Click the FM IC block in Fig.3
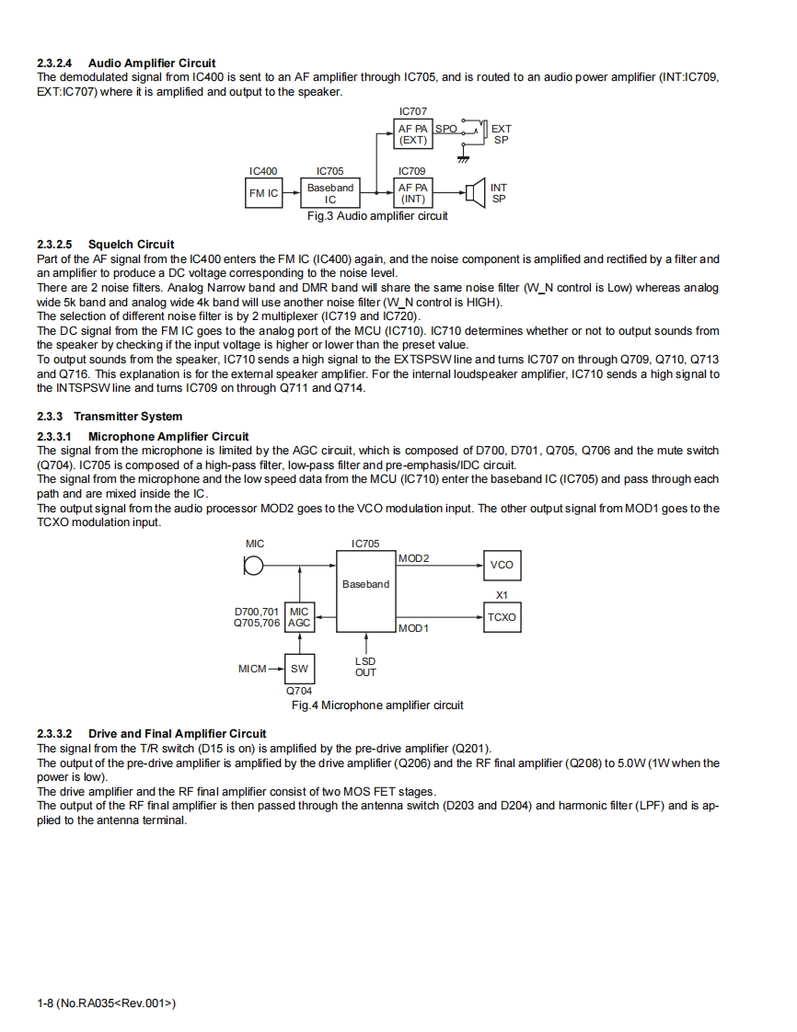pyautogui.click(x=263, y=193)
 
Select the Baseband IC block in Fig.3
pyautogui.click(x=330, y=193)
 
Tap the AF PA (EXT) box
pyautogui.click(x=412, y=134)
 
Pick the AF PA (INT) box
pyautogui.click(x=412, y=193)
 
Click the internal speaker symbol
pyautogui.click(x=475, y=193)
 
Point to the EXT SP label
pyautogui.click(x=502, y=134)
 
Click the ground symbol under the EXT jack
pyautogui.click(x=463, y=159)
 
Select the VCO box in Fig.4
pyautogui.click(x=502, y=565)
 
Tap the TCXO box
pyautogui.click(x=502, y=617)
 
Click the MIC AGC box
pyautogui.click(x=299, y=617)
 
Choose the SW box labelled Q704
pyautogui.click(x=299, y=669)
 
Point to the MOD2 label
pyautogui.click(x=414, y=558)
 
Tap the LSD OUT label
pyautogui.click(x=365, y=667)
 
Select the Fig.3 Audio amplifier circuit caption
pyautogui.click(x=377, y=216)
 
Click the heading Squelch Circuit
pyautogui.click(x=131, y=244)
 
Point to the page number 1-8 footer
pyautogui.click(x=106, y=1003)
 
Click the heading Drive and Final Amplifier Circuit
pyautogui.click(x=177, y=733)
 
